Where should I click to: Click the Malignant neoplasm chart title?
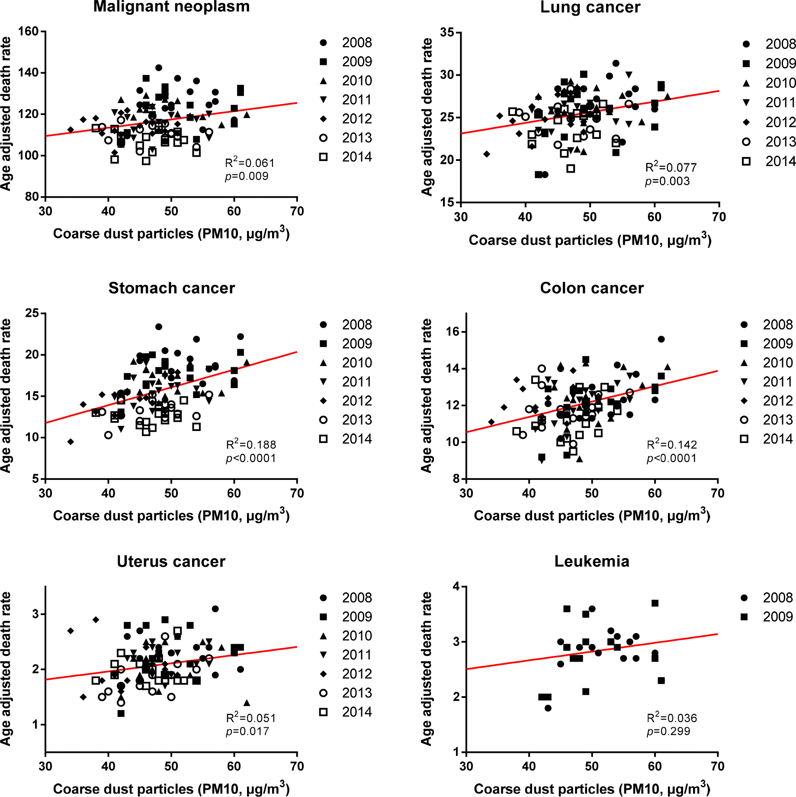[x=171, y=7]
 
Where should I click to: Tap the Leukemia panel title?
[x=591, y=561]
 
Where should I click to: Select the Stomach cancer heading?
[x=171, y=288]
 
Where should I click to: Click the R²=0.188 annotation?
[x=251, y=444]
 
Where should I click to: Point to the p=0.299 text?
[x=668, y=731]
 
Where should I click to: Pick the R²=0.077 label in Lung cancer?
[x=671, y=167]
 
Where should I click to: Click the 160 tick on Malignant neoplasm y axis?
[x=29, y=31]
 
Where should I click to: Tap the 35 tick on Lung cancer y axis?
[x=447, y=32]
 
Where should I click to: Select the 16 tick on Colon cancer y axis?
[x=453, y=332]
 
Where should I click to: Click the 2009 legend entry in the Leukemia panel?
[x=768, y=617]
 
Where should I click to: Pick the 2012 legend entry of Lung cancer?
[x=770, y=122]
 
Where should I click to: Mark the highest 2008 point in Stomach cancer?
[x=159, y=327]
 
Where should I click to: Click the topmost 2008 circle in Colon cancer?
[x=661, y=339]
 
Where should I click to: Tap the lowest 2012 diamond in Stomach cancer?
[x=71, y=442]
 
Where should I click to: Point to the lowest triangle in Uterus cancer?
[x=247, y=703]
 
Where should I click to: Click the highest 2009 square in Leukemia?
[x=655, y=603]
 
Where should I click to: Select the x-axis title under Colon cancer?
[x=592, y=515]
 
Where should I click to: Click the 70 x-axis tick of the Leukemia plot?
[x=717, y=766]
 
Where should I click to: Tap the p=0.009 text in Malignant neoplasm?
[x=247, y=176]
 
